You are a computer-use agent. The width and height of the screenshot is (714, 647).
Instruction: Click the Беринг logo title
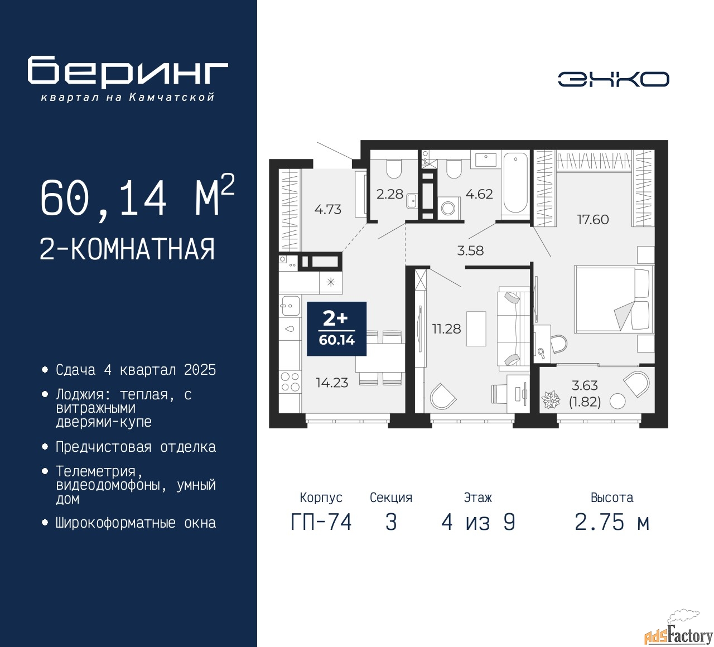click(127, 71)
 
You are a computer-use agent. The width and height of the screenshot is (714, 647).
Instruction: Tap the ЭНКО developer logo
click(613, 79)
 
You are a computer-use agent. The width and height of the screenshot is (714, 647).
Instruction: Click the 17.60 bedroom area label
click(592, 220)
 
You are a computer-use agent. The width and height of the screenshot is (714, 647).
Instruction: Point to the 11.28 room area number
click(446, 329)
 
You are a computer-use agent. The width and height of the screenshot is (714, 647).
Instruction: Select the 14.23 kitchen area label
click(332, 383)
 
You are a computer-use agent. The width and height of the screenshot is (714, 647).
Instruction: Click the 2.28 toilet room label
click(390, 194)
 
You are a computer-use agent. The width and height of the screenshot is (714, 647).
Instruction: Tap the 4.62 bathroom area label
click(479, 194)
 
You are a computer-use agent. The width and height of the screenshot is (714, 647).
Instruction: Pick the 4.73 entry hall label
click(328, 209)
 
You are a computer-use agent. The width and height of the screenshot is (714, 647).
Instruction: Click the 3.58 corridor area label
click(470, 250)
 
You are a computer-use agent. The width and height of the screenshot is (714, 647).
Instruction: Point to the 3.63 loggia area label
click(585, 385)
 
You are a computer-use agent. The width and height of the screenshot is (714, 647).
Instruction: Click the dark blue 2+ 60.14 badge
click(337, 329)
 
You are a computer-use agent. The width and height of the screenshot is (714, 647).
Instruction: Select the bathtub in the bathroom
click(515, 184)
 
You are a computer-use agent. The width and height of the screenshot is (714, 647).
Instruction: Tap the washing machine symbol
click(448, 208)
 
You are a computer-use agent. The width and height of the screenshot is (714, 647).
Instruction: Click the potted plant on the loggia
click(551, 399)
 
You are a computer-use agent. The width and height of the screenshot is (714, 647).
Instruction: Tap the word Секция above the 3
click(391, 498)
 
